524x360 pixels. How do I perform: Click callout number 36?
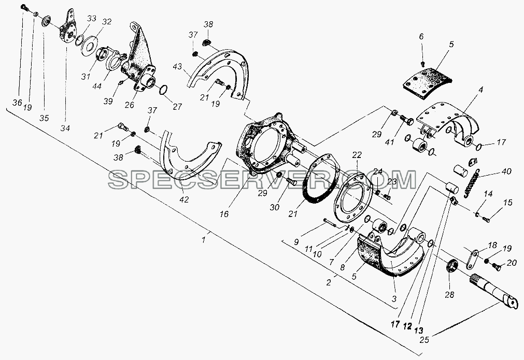click(18, 103)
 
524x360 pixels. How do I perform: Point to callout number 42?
click(184, 199)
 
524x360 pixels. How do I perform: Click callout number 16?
click(224, 214)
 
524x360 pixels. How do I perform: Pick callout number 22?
click(357, 155)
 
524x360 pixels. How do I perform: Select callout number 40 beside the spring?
click(506, 171)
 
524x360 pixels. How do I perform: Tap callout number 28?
click(450, 295)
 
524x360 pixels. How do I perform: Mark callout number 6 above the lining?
click(421, 36)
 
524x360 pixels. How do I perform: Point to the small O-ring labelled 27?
click(163, 90)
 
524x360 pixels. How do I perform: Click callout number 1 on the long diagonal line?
click(204, 239)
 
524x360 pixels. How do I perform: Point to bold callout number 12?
click(407, 326)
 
